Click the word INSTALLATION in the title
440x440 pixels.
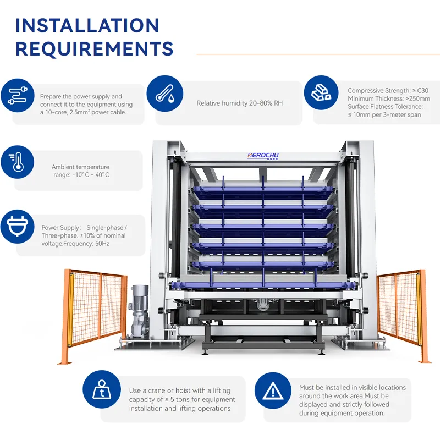point(87,25)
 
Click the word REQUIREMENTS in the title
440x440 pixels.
point(94,49)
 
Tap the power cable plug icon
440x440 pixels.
point(18,95)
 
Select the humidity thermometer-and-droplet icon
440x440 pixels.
point(165,94)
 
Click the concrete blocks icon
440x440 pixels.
point(321,92)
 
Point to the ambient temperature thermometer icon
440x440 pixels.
point(18,162)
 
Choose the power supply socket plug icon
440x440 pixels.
point(18,227)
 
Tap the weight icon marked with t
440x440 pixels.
point(102,389)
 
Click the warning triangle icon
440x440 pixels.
point(273,391)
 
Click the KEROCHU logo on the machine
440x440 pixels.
point(263,156)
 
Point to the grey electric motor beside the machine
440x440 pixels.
point(140,311)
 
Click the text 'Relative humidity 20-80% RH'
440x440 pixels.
point(240,103)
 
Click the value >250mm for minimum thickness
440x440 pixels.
point(418,98)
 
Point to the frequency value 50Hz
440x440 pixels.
point(102,244)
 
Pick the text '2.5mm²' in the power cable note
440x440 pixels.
point(80,112)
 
